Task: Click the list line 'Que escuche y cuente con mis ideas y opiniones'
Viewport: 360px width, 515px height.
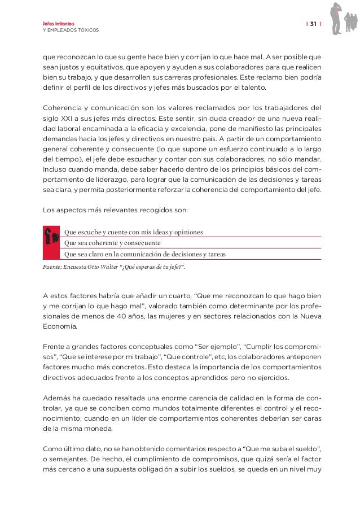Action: click(x=134, y=232)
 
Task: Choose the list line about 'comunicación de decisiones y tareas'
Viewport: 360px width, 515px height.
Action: click(x=145, y=254)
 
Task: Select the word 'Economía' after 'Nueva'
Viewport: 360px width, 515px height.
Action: click(x=61, y=328)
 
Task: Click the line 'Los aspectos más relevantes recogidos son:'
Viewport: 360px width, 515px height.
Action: click(x=118, y=211)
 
